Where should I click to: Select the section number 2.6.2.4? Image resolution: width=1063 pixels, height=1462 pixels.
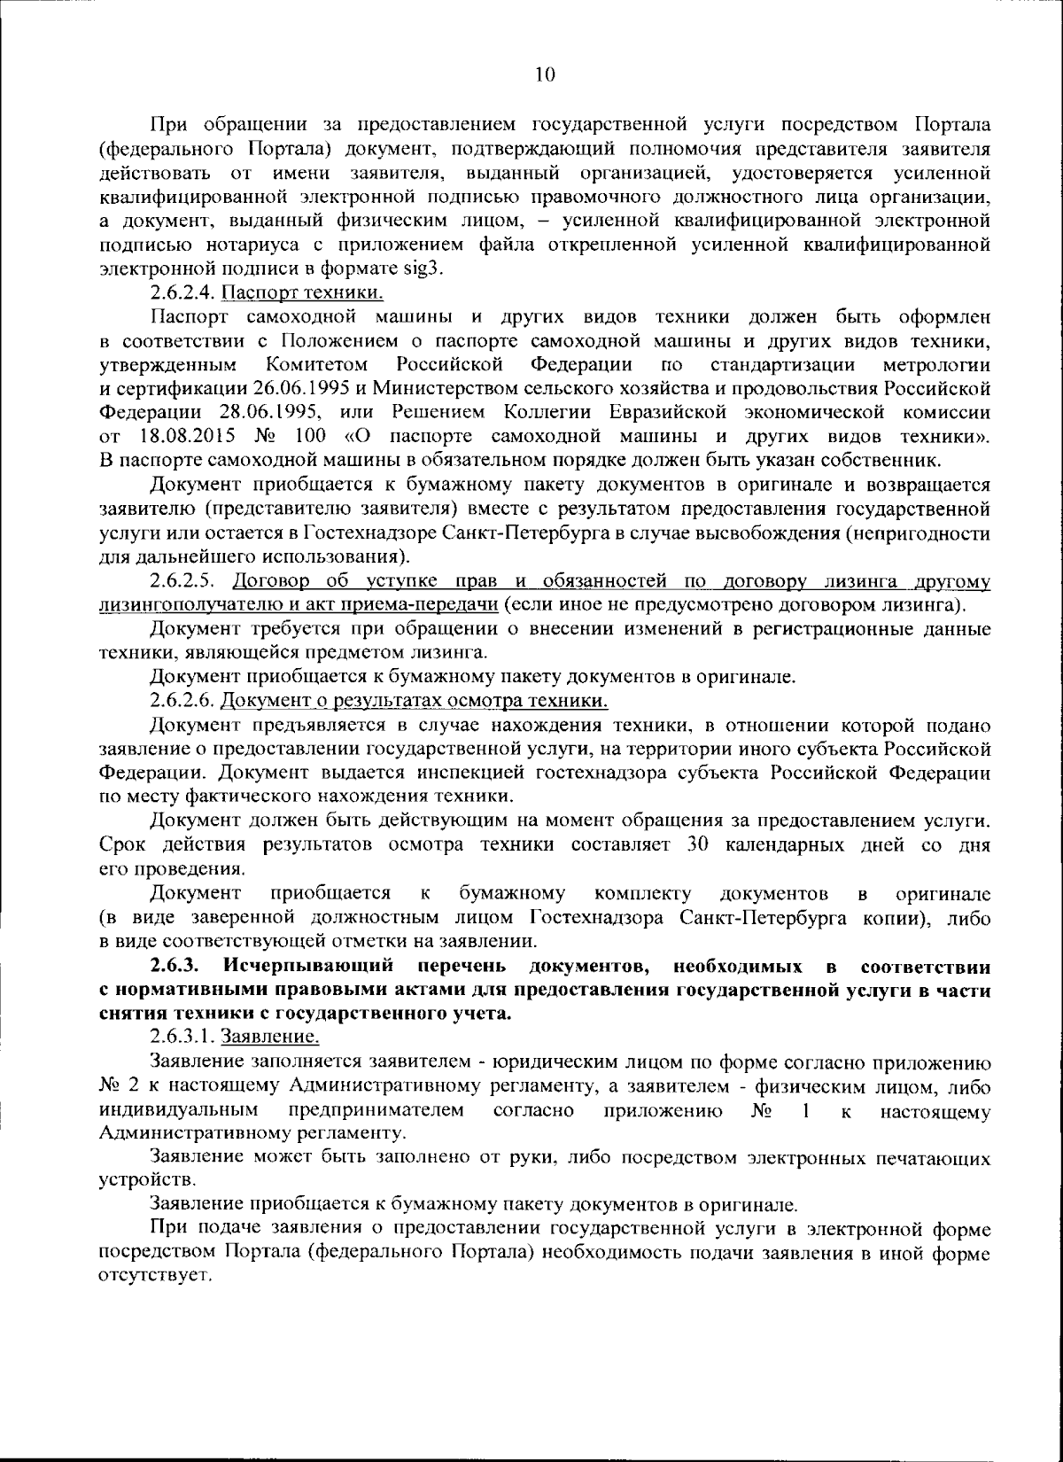click(182, 292)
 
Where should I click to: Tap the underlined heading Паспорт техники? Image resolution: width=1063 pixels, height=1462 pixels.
click(302, 292)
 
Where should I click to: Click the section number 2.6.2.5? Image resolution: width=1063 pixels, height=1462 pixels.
click(182, 582)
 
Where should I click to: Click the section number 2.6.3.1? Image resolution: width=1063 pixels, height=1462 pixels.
click(182, 1037)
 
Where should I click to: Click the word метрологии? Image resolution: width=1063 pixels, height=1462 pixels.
click(936, 364)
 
